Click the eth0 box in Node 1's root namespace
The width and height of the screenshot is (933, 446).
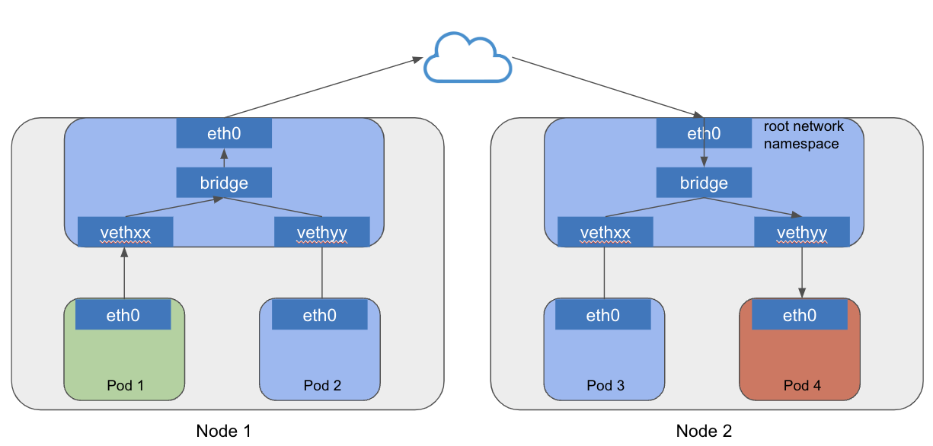coord(224,134)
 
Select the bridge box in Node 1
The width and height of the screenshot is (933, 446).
coord(224,183)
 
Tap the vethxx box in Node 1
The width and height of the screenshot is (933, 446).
coord(126,231)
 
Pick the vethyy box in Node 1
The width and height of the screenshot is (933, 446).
coord(321,231)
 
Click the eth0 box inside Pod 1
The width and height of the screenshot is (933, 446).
coord(123,314)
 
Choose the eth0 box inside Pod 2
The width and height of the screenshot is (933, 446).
coord(319,314)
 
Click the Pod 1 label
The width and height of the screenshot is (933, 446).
coord(125,385)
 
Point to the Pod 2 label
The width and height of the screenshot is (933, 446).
coord(321,385)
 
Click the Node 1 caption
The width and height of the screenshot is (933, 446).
coord(223,431)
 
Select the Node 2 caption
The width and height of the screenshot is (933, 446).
coord(703,431)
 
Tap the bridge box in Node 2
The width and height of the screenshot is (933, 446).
coord(704,183)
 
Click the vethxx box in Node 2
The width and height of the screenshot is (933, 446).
coord(605,231)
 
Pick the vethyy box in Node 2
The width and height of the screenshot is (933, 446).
coord(801,231)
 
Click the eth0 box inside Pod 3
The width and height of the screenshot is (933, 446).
coord(602,314)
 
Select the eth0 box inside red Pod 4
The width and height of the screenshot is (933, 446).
coord(799,314)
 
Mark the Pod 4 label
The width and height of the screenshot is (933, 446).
coord(802,385)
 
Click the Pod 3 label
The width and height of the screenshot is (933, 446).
coord(605,385)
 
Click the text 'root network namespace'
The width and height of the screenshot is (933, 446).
coord(801,135)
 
